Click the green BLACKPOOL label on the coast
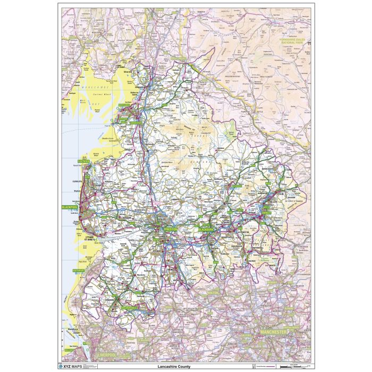(x=70, y=207)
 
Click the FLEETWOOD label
(x=84, y=160)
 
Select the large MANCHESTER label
(x=273, y=332)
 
